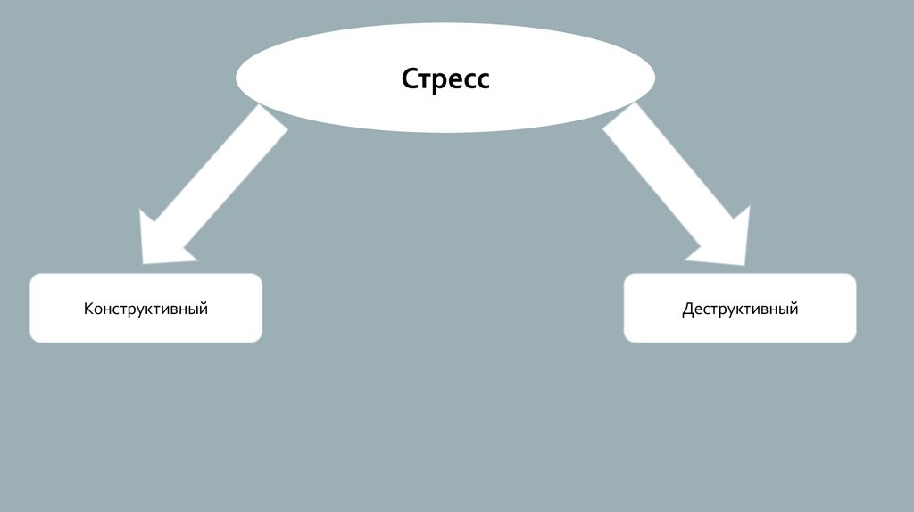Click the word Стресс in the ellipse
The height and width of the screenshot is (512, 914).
click(445, 78)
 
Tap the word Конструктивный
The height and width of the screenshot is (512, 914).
click(146, 310)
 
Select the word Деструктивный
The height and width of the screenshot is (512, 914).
click(740, 310)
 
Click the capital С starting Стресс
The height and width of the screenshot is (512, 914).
click(410, 78)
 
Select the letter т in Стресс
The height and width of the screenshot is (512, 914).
click(425, 80)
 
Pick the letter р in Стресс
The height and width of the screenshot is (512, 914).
click(439, 81)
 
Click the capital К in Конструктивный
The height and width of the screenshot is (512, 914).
click(89, 310)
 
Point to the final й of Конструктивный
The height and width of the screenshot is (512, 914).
click(204, 309)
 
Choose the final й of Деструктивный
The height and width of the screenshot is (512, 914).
click(794, 309)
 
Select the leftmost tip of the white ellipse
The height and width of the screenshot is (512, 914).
click(237, 77)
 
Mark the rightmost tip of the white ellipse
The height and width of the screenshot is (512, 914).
click(655, 77)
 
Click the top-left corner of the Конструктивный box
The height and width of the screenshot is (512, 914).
click(32, 276)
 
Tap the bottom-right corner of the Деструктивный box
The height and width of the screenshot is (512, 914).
click(854, 340)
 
